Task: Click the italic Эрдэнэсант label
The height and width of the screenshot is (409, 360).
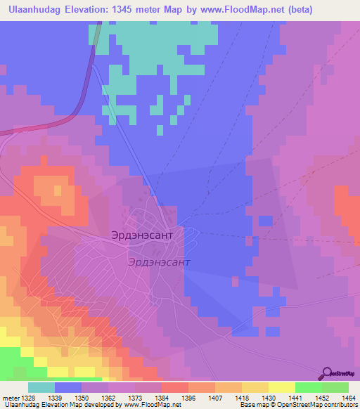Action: point(159,261)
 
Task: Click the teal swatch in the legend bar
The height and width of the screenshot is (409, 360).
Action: point(41,387)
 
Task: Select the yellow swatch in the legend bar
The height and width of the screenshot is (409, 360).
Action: point(281,387)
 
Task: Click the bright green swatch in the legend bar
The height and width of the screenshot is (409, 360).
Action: point(308,387)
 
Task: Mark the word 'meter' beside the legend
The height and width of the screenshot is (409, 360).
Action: point(11,398)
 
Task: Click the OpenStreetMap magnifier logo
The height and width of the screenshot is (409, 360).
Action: point(326,373)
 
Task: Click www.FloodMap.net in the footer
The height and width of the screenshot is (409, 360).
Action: point(152,405)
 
